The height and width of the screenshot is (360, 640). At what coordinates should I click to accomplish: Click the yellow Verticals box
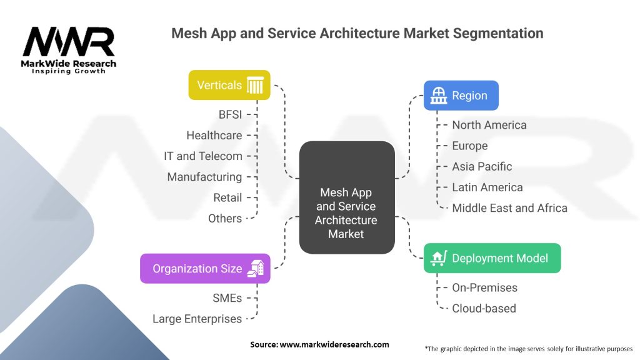click(x=229, y=85)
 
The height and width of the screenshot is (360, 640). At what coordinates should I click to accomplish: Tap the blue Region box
click(x=461, y=96)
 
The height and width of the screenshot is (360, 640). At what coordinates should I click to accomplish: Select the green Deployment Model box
click(x=492, y=258)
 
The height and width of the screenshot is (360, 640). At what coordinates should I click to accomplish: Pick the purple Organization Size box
click(x=205, y=269)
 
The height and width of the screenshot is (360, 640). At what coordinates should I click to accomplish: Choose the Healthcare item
click(x=214, y=135)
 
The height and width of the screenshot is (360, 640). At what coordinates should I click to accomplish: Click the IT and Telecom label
click(x=202, y=156)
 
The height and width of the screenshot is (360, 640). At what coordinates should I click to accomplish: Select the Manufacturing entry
click(x=204, y=177)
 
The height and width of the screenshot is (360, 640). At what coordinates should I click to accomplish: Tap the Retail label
click(x=227, y=197)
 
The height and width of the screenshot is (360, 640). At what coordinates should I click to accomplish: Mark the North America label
click(x=489, y=125)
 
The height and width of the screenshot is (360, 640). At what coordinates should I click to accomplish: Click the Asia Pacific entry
click(x=482, y=166)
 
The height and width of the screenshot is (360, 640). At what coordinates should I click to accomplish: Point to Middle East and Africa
click(x=509, y=207)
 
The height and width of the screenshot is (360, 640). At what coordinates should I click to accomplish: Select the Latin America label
click(x=487, y=187)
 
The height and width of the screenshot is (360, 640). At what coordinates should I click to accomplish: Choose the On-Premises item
click(x=485, y=287)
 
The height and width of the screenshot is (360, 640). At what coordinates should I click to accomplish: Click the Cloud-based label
click(x=484, y=308)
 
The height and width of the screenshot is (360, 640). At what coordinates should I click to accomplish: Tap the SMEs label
click(x=226, y=298)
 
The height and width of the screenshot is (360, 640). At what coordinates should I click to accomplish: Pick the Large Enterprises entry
click(x=197, y=319)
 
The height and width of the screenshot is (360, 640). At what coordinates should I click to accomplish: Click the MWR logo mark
click(x=69, y=43)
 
